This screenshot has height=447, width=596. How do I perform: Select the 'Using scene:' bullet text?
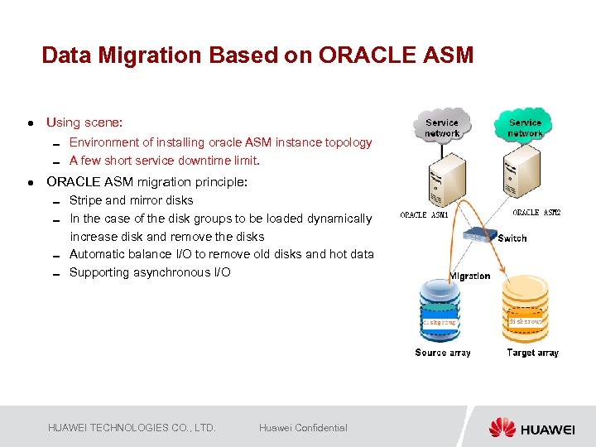tap(84, 123)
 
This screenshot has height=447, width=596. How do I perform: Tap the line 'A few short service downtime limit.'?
tap(164, 161)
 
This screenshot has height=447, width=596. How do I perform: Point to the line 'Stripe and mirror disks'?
tap(131, 200)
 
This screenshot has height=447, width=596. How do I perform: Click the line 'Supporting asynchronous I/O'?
tap(150, 272)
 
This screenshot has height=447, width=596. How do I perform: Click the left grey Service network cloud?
tap(442, 127)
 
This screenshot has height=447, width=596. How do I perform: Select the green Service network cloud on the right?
tap(525, 126)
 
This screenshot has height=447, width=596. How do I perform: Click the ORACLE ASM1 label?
tap(424, 215)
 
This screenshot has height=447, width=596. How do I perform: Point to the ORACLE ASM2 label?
tap(536, 213)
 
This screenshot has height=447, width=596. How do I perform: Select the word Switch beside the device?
tap(512, 238)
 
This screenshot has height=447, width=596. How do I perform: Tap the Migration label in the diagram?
tap(469, 276)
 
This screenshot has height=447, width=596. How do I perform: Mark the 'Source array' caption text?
tap(443, 353)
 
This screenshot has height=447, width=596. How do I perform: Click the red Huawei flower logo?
tap(502, 428)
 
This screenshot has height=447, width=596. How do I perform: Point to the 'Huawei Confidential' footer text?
tap(303, 428)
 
